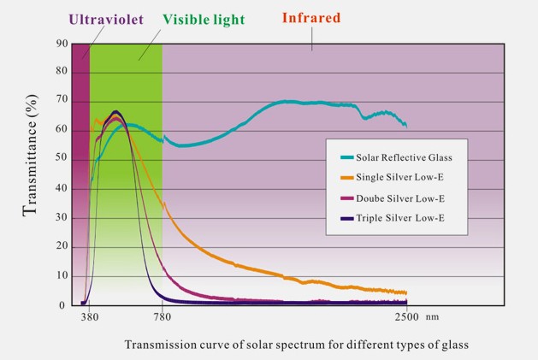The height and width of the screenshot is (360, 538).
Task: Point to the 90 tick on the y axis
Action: pyautogui.click(x=62, y=44)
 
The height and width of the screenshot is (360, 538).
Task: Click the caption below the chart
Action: pyautogui.click(x=297, y=345)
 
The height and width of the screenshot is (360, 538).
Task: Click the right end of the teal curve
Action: pyautogui.click(x=406, y=126)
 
